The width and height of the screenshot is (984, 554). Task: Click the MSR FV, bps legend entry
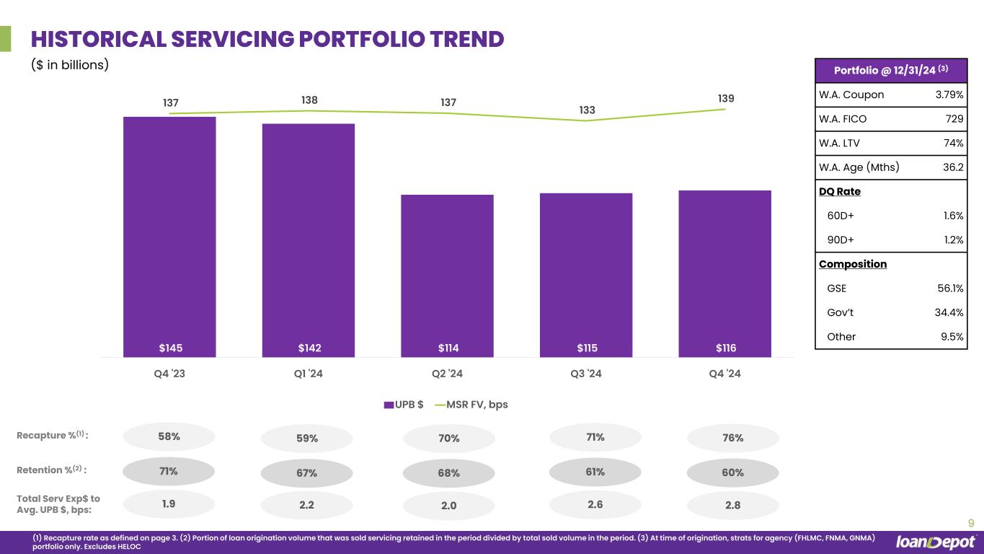click(x=472, y=405)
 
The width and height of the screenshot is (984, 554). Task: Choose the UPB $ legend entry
click(x=404, y=405)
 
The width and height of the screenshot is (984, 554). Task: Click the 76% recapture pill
click(x=732, y=438)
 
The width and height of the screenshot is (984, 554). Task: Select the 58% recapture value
click(x=169, y=436)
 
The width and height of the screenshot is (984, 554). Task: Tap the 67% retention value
click(x=306, y=472)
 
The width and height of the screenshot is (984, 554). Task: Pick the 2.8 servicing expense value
click(x=732, y=506)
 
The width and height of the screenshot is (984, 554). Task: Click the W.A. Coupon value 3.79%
click(x=949, y=94)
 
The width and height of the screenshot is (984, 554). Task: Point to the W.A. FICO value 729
click(x=954, y=119)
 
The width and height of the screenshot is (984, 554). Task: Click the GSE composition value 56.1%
click(x=949, y=289)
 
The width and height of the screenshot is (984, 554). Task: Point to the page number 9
click(x=970, y=524)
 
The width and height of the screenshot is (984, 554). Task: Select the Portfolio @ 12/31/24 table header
click(x=890, y=70)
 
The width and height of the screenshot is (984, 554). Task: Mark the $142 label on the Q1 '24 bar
click(x=309, y=348)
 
